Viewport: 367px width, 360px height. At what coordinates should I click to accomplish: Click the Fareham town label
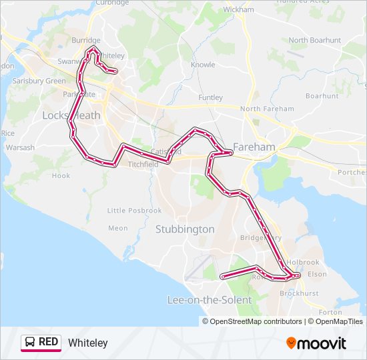click(x=254, y=147)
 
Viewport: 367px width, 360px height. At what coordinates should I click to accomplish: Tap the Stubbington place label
click(x=185, y=229)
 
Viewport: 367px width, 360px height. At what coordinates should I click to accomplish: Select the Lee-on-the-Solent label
click(x=209, y=300)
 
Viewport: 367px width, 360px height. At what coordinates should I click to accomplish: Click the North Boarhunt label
click(x=314, y=40)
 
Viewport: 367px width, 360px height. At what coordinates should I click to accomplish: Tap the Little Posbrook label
click(x=134, y=211)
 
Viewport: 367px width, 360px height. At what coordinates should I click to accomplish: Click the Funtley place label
click(x=210, y=97)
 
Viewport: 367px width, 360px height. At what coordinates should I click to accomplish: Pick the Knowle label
click(x=203, y=65)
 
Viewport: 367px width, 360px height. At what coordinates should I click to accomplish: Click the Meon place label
click(x=117, y=228)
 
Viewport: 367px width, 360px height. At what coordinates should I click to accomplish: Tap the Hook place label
click(x=61, y=176)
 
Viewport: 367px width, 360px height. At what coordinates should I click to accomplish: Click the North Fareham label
click(x=267, y=109)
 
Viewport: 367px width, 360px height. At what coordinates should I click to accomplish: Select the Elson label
click(x=317, y=274)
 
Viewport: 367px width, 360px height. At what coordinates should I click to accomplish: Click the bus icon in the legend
click(x=31, y=343)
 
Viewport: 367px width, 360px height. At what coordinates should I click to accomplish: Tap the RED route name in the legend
click(x=49, y=343)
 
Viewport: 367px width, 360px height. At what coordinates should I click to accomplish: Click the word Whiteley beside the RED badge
click(x=87, y=343)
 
